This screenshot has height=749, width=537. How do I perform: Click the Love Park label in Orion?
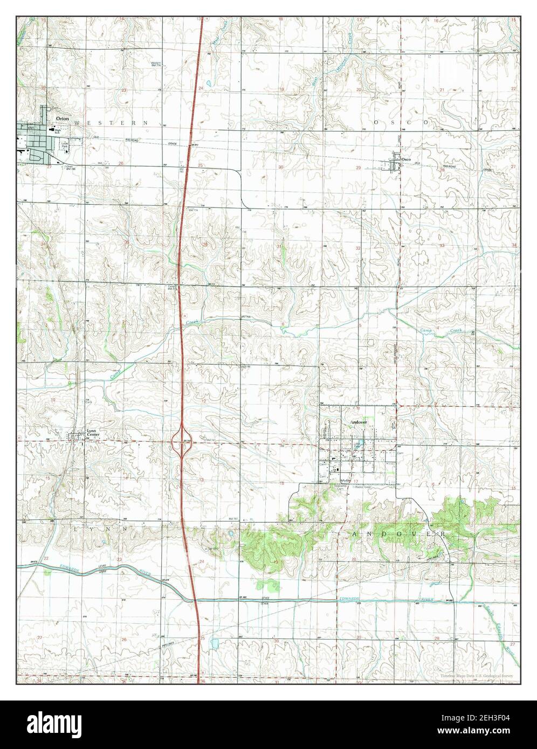tap(64, 144)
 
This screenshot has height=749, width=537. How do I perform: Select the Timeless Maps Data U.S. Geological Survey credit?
tap(476, 675)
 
